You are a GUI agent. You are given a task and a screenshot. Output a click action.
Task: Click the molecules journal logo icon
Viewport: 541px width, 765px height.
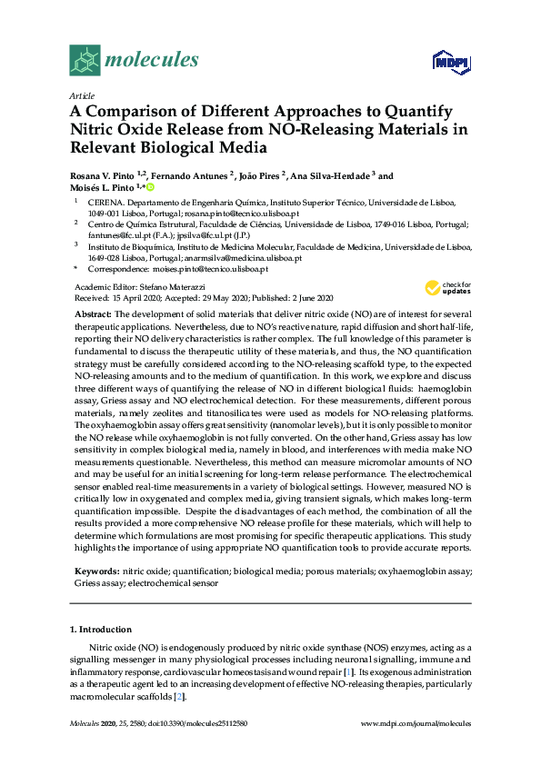click(85, 60)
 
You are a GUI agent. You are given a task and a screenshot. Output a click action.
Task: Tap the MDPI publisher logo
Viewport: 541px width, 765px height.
click(446, 62)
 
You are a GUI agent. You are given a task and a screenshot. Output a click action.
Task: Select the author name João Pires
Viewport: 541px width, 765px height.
click(259, 176)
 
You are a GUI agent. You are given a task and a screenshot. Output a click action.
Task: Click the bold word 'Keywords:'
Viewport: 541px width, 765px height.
click(95, 571)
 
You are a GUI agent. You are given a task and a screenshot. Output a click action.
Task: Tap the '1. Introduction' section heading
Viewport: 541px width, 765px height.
click(100, 629)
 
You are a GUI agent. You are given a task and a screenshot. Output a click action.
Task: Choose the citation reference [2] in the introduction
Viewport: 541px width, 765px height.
click(181, 697)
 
